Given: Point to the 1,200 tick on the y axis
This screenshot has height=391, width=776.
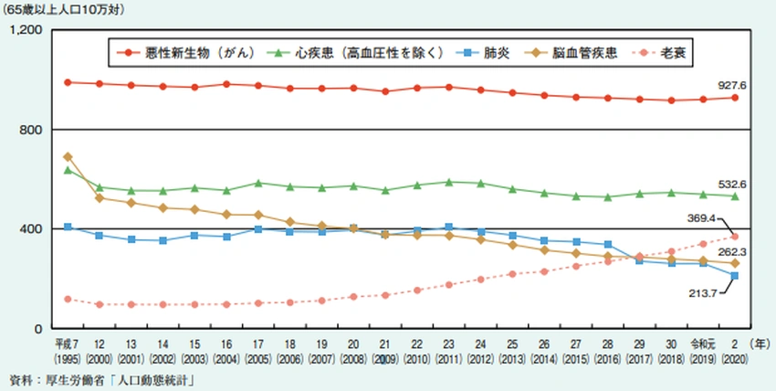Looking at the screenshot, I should (27, 30).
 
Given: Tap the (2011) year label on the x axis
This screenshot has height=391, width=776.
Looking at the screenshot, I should (448, 355).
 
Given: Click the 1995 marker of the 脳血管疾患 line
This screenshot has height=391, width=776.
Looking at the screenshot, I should (68, 157).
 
